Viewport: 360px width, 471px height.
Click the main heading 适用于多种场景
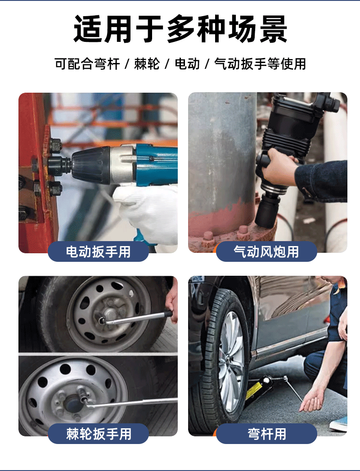point(180,29)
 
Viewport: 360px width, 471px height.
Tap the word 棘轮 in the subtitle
point(147,64)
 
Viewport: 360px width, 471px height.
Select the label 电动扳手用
point(98,252)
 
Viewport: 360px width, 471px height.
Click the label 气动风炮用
point(266,252)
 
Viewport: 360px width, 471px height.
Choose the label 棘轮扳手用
point(99,434)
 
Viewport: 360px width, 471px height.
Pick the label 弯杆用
point(267,434)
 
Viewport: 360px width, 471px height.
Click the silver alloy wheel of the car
point(230,360)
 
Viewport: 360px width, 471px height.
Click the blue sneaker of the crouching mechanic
point(339,423)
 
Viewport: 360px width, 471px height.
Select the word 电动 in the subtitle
point(187,64)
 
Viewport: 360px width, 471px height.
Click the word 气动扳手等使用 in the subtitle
point(260,64)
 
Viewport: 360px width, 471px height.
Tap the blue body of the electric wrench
point(156,164)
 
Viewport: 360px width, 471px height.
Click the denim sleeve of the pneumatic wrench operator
point(322,180)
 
